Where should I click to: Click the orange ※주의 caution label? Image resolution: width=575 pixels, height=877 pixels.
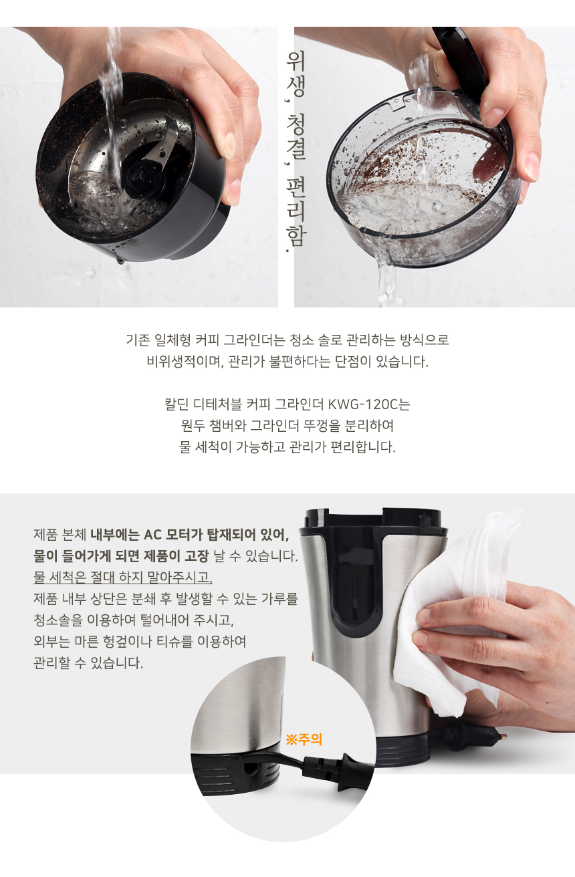[x=304, y=740]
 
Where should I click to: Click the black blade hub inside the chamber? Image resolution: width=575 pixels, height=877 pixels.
[x=142, y=177]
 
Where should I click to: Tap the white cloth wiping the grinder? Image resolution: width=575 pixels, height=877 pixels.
[x=455, y=602]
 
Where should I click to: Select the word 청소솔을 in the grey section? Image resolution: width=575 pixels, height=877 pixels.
[x=58, y=619]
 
